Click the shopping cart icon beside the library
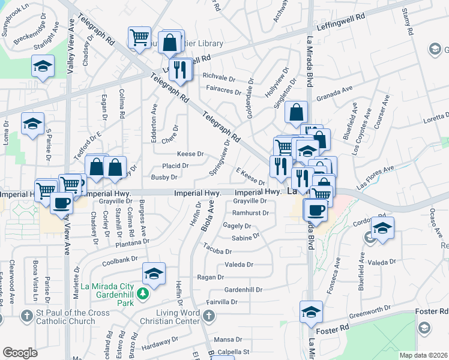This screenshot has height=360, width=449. pyautogui.click(x=139, y=37)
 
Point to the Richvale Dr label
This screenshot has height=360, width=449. pyautogui.click(x=218, y=76)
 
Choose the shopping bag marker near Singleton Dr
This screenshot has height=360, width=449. pyautogui.click(x=297, y=112)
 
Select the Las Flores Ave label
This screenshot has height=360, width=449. pyautogui.click(x=375, y=178)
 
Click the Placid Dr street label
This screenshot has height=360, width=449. pyautogui.click(x=175, y=166)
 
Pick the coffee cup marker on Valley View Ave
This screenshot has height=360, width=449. pyautogui.click(x=61, y=203)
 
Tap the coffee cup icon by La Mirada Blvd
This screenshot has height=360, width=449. pyautogui.click(x=316, y=209)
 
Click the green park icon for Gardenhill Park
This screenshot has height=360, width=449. pyautogui.click(x=142, y=293)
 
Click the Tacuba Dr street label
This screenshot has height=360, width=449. pyautogui.click(x=217, y=250)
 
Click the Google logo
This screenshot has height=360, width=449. pyautogui.click(x=20, y=353)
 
